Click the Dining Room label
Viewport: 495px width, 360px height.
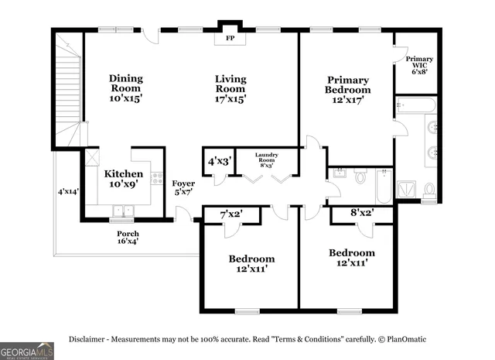[x=125, y=88]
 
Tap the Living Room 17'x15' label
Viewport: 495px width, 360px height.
[x=231, y=88]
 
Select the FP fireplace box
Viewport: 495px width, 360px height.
[x=230, y=37]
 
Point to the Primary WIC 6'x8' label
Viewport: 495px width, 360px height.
[x=419, y=65]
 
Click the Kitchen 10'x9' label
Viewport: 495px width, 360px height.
[x=124, y=179]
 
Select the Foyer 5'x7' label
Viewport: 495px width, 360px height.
[x=183, y=188]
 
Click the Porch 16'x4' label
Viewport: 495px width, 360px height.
[x=128, y=237]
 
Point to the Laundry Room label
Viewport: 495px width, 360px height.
[x=267, y=159]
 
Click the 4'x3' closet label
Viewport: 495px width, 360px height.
[x=218, y=162]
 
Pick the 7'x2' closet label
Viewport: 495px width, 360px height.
[x=232, y=213]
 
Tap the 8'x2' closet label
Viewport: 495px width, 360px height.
[x=361, y=211]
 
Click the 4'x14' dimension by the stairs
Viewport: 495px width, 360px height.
[x=68, y=190]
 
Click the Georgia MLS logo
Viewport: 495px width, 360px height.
[x=27, y=351]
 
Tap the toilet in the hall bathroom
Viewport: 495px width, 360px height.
[x=360, y=177]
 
